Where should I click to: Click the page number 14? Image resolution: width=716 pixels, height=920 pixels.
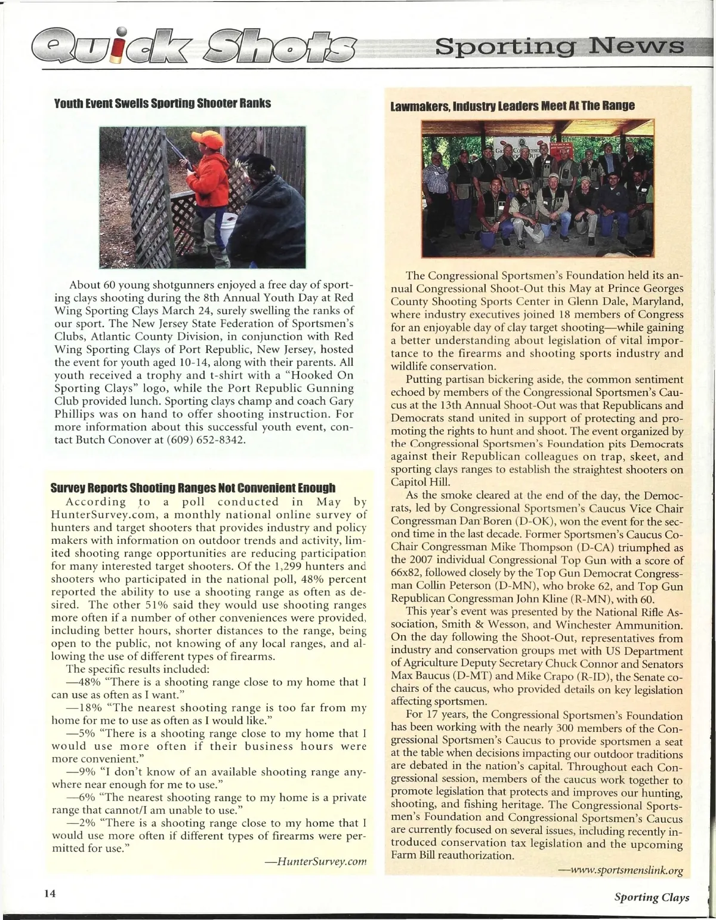49,893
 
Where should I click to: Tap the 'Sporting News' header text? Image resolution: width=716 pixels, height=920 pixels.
559,47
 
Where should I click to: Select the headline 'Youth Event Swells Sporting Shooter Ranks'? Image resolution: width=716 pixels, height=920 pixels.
163,103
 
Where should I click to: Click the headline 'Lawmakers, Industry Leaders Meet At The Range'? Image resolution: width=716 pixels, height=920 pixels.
513,106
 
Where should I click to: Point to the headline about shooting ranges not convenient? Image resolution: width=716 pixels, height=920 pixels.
193,488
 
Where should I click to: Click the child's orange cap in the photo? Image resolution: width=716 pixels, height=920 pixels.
208,139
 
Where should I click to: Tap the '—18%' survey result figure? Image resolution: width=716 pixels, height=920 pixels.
82,708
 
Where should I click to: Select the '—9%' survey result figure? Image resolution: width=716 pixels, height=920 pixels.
79,772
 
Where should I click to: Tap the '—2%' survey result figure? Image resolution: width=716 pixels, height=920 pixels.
79,823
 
